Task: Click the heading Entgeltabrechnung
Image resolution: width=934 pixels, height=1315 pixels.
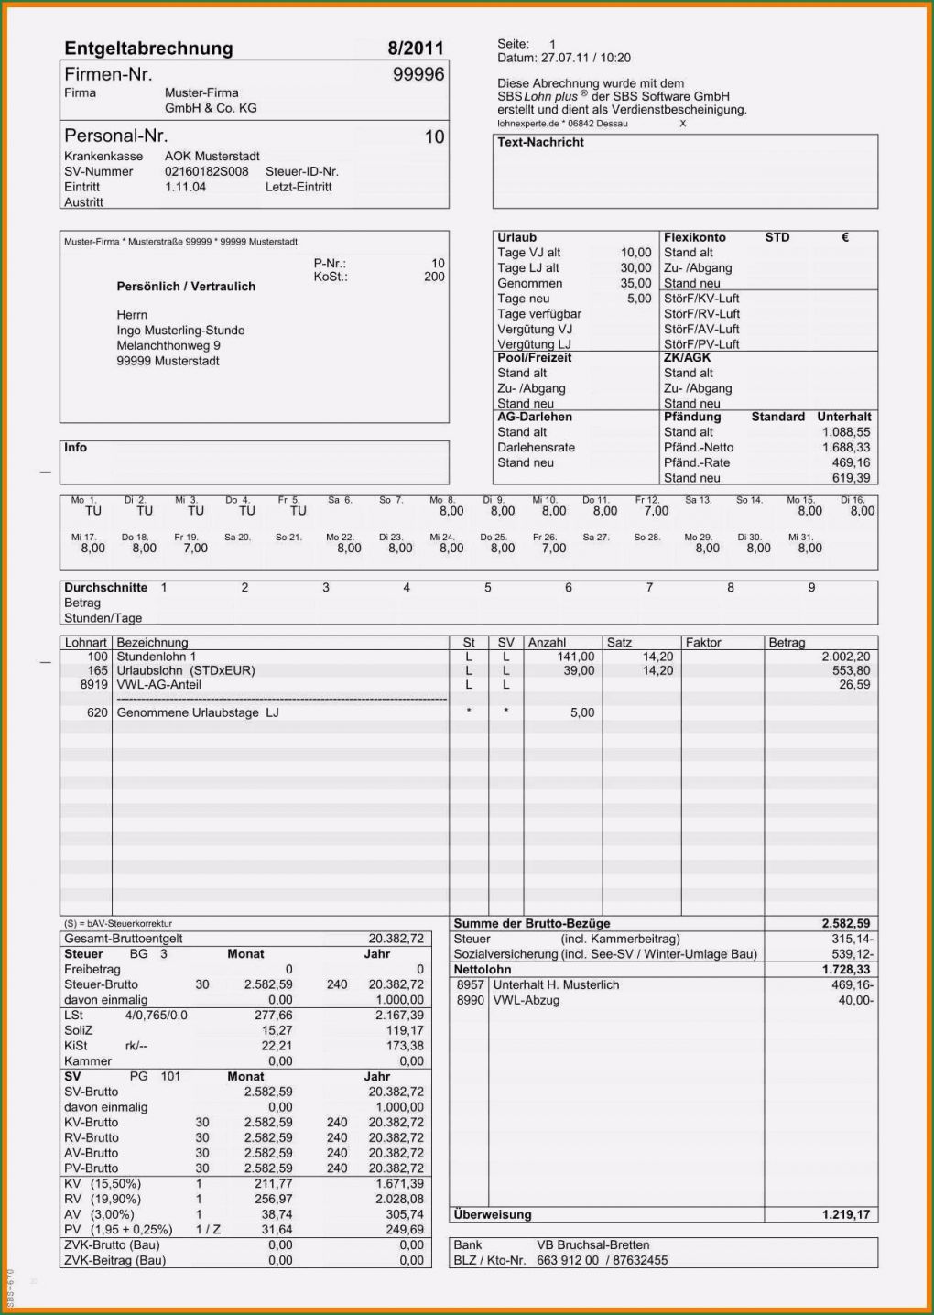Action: click(148, 49)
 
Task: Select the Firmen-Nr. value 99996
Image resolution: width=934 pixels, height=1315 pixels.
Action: click(418, 74)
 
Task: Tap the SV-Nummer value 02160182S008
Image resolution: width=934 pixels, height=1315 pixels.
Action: click(207, 171)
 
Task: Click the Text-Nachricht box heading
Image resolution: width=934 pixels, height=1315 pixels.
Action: click(540, 142)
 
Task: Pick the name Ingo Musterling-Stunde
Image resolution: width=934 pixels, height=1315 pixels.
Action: click(180, 331)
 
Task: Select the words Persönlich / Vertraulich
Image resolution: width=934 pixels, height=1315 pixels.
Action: click(186, 287)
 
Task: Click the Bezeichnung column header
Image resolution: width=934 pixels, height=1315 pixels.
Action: click(152, 643)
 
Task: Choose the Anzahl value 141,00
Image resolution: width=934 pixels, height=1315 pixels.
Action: click(575, 657)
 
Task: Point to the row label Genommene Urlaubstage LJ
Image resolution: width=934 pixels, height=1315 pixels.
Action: click(198, 712)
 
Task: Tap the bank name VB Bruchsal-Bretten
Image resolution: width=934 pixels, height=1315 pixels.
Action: click(592, 1244)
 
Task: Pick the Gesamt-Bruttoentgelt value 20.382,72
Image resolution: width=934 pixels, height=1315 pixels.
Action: click(396, 939)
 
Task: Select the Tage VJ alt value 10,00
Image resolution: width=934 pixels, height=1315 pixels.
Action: click(635, 253)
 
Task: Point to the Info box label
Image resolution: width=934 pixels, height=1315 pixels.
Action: click(75, 448)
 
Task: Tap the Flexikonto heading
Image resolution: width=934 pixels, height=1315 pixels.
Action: click(694, 237)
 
